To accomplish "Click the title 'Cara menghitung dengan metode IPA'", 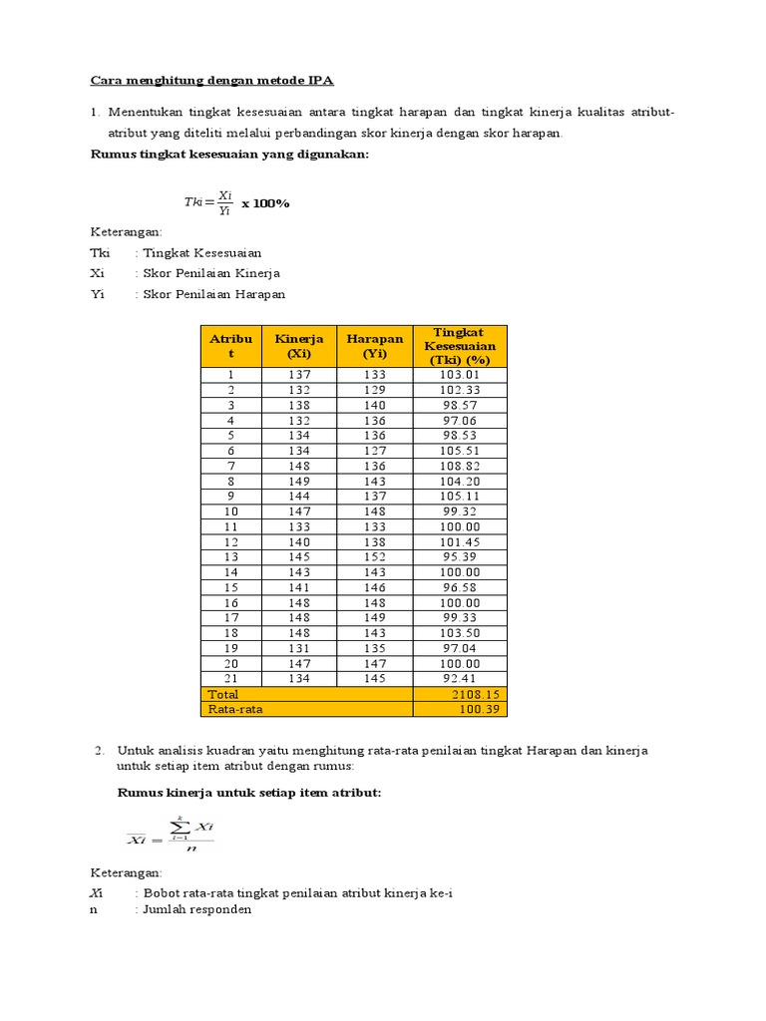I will [220, 80].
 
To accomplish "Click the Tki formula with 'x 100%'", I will [236, 202].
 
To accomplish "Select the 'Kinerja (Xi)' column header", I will [299, 346].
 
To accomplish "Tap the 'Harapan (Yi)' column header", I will [375, 346].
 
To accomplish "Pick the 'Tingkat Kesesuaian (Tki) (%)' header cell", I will [459, 346].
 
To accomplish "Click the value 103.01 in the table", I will [460, 375].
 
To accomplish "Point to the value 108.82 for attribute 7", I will [460, 466].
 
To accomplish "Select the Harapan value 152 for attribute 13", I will [375, 556].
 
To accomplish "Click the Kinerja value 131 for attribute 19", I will [299, 648].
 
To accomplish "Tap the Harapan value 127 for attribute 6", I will [375, 451].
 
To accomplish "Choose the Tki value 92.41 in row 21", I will [460, 678].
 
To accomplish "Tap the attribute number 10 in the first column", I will [231, 511].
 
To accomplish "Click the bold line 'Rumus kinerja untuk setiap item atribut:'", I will [249, 793].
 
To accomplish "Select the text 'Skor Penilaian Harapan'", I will [213, 294].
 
